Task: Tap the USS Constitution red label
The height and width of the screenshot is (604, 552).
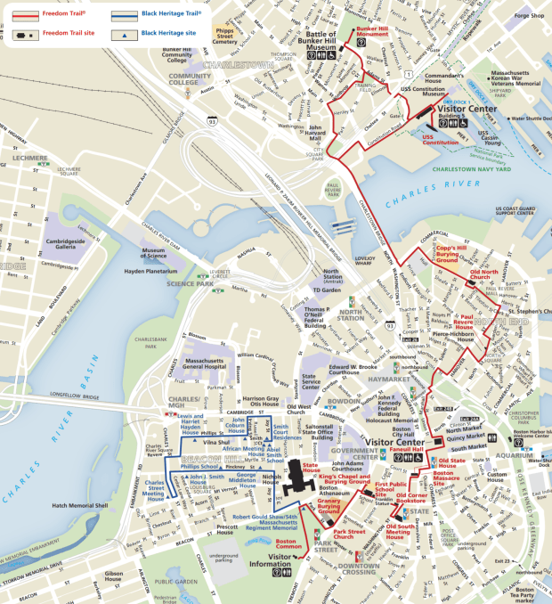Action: click(440, 140)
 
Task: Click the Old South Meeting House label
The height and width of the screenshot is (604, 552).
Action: click(403, 532)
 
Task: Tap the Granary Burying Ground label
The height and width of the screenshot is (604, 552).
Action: click(329, 507)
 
